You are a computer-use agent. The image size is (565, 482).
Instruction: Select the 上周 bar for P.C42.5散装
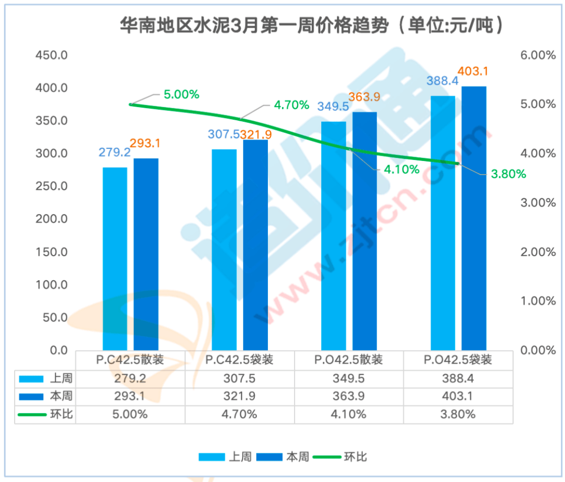(x=115, y=259)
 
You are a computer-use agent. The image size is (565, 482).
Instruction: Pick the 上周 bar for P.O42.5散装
(x=334, y=236)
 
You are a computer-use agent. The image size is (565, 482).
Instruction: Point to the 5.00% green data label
(x=181, y=95)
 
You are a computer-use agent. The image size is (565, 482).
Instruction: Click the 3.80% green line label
(x=508, y=175)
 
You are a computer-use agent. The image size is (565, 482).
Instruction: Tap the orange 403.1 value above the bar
(x=472, y=71)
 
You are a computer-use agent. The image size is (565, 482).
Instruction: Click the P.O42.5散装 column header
(x=348, y=360)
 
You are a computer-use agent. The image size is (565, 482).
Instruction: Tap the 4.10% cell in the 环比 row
(x=348, y=415)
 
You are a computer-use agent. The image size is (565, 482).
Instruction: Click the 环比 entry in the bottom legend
(x=355, y=457)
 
